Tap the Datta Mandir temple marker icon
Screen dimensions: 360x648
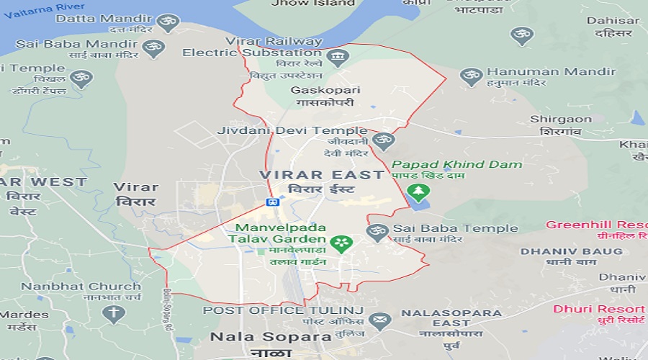(x=168, y=22)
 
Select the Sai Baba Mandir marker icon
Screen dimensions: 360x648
(x=153, y=48)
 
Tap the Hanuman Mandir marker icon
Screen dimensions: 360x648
(x=471, y=74)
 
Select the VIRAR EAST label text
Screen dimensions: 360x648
(x=322, y=175)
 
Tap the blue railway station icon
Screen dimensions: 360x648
(x=273, y=202)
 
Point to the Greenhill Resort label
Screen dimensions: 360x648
(x=596, y=225)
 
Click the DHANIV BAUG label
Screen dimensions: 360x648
(x=571, y=251)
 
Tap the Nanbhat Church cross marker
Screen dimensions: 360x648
(x=113, y=313)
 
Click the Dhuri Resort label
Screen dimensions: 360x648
(x=599, y=309)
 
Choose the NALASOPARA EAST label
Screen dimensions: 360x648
(x=451, y=314)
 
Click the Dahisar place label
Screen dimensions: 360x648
(x=613, y=21)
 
